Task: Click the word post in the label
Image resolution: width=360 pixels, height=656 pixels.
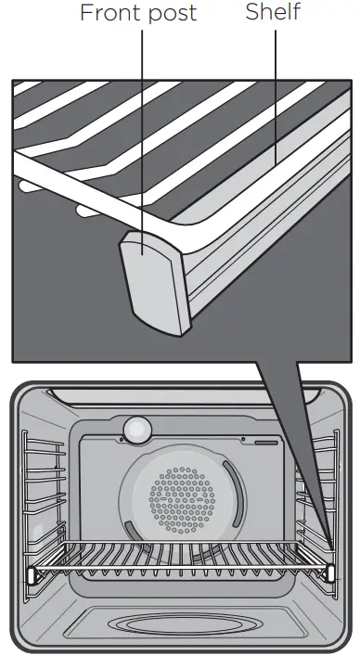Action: pyautogui.click(x=174, y=13)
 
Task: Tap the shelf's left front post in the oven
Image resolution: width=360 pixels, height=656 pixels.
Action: pyautogui.click(x=32, y=574)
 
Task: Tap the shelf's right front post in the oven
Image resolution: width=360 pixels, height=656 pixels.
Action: pyautogui.click(x=330, y=572)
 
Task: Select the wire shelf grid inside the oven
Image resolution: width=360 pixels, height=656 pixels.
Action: pyautogui.click(x=181, y=560)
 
